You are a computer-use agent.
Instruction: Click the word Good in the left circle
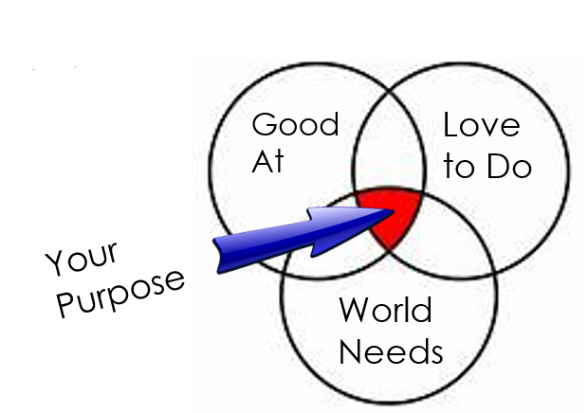(x=295, y=125)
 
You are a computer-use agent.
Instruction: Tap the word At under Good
(x=267, y=161)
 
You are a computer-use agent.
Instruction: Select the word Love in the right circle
(x=482, y=125)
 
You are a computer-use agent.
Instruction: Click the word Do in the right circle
(x=506, y=167)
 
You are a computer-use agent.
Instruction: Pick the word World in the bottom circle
(x=385, y=310)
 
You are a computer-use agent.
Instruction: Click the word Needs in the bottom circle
(x=391, y=351)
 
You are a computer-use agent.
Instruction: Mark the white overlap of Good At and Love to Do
(x=389, y=156)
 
